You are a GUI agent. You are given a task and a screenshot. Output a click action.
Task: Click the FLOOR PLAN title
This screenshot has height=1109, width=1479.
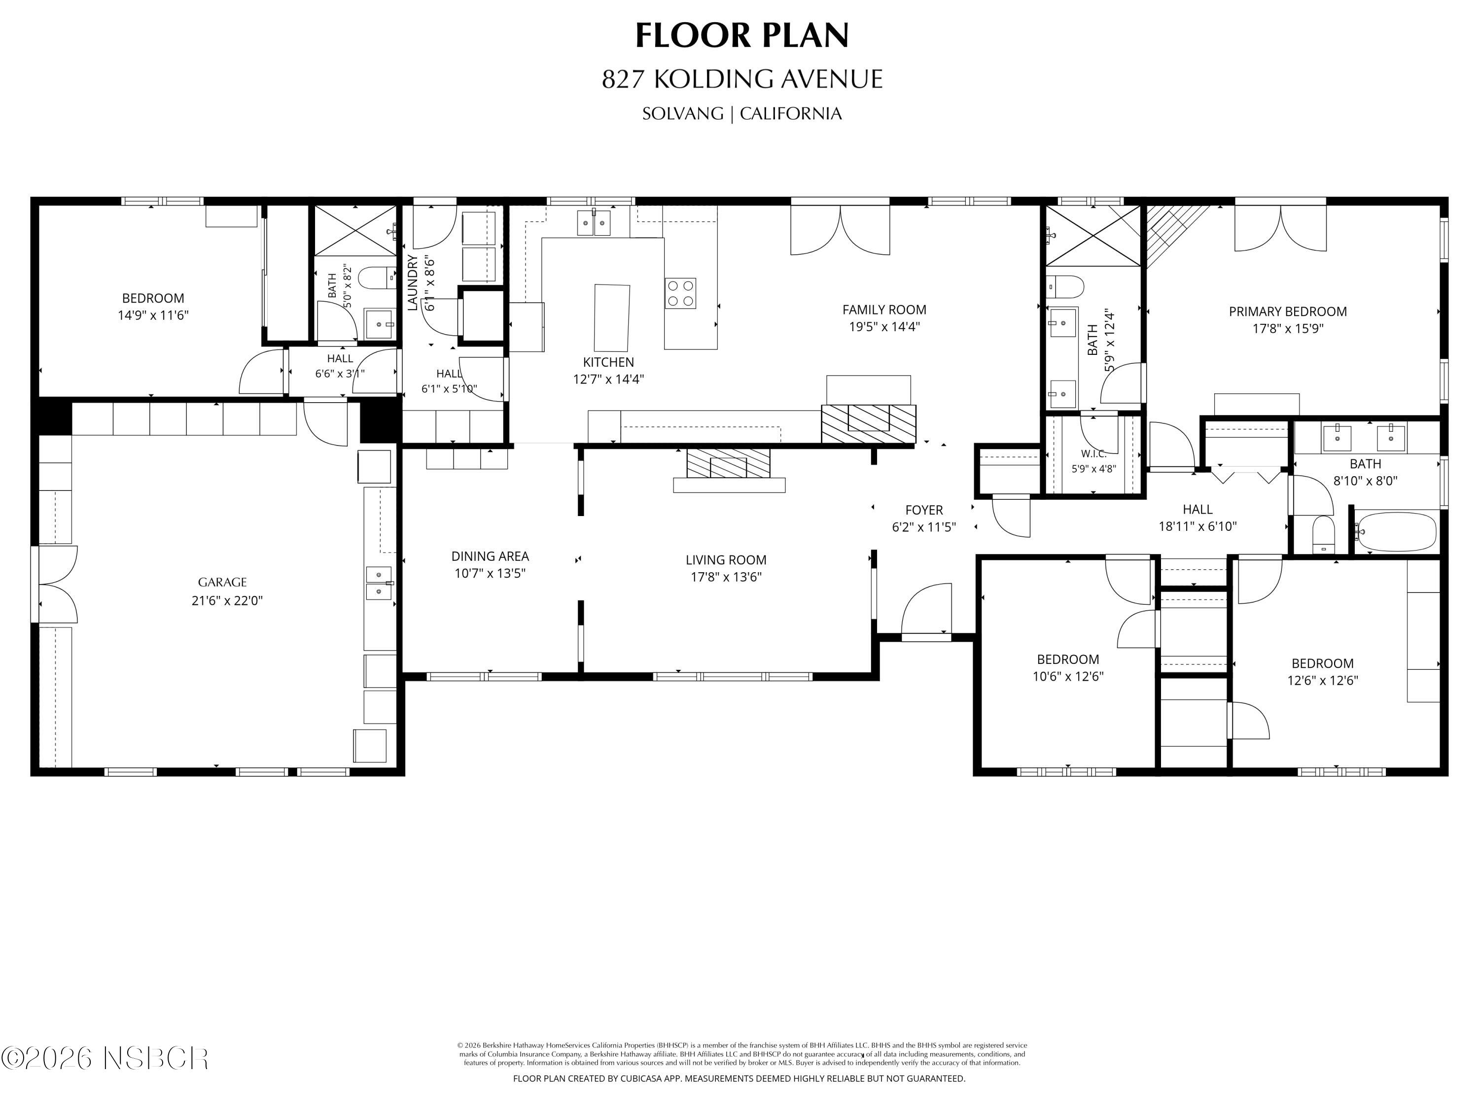(741, 35)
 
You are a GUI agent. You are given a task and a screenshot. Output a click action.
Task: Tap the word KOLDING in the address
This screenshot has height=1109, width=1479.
(713, 79)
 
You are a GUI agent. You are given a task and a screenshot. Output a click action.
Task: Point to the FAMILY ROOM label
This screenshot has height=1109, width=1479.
(884, 310)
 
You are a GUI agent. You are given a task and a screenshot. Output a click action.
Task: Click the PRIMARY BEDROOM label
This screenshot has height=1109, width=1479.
(1288, 312)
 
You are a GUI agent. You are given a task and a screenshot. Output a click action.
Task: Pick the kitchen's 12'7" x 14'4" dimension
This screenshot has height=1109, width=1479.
(608, 380)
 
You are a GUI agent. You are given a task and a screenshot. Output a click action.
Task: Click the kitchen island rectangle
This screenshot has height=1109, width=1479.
(612, 317)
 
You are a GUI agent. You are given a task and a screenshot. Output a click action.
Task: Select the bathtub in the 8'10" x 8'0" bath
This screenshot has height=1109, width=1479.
(1395, 532)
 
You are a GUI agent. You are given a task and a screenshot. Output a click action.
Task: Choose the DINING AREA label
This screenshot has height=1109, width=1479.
(490, 556)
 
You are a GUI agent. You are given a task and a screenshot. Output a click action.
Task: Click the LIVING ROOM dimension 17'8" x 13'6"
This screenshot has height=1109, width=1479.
(726, 577)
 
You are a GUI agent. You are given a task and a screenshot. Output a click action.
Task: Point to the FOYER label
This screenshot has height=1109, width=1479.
(924, 510)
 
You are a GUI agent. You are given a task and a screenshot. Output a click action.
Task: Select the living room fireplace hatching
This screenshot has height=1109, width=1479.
(729, 463)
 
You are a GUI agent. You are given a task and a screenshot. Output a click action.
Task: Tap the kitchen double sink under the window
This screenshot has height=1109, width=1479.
(594, 223)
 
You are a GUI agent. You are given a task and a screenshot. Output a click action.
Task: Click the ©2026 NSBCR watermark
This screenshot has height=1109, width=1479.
(105, 1058)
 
